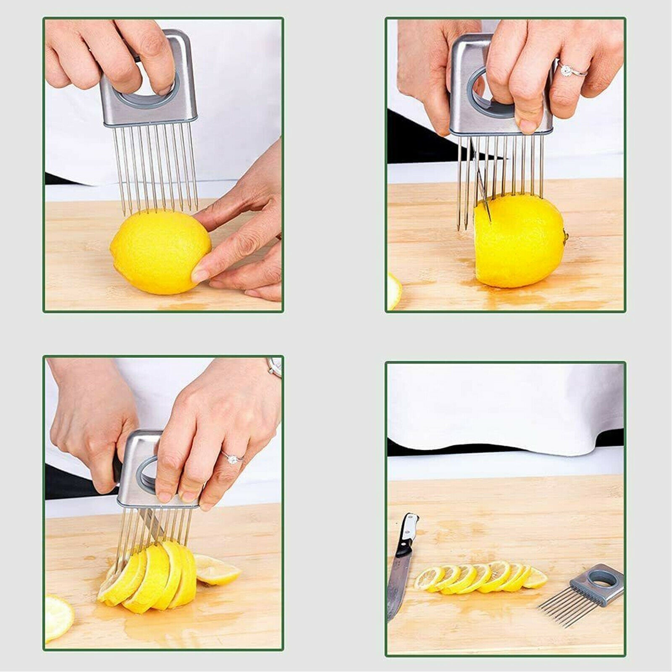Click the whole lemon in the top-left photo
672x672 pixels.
160,252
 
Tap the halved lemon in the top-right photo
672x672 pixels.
521,241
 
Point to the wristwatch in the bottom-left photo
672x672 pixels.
275,367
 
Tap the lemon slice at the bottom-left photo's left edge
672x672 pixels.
57,617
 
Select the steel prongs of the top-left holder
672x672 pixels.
155,168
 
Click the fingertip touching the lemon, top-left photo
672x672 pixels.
200,275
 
